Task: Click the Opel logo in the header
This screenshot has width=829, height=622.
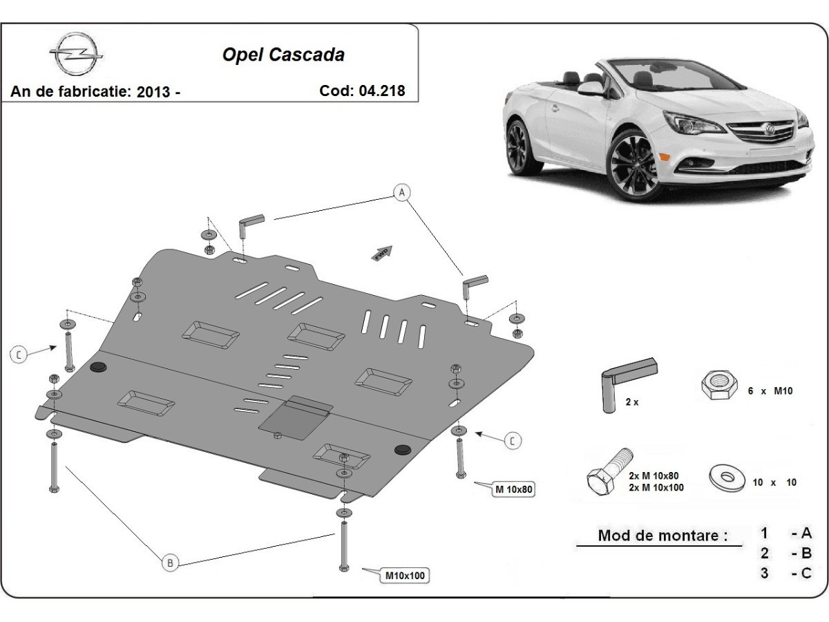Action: click(75, 55)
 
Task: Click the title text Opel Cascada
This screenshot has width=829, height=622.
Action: click(283, 55)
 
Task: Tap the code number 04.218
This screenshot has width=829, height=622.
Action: click(381, 91)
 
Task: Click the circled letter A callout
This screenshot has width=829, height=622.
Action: click(401, 192)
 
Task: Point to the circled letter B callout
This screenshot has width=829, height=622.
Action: click(170, 563)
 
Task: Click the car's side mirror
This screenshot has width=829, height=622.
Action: click(591, 88)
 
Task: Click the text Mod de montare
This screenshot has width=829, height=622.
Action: click(663, 535)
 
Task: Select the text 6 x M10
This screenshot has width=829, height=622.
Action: click(770, 390)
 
